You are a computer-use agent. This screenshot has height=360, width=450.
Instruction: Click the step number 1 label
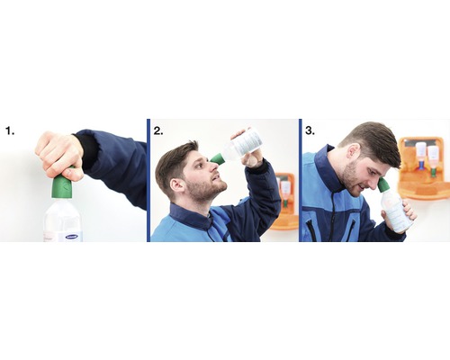click(x=10, y=130)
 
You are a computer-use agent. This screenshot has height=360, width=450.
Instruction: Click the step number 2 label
click(x=158, y=130)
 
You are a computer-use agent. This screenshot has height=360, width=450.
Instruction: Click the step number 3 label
click(x=310, y=130)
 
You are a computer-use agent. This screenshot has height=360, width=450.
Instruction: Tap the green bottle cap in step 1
click(x=62, y=187)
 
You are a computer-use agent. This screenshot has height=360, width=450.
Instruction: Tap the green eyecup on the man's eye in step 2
click(x=217, y=158)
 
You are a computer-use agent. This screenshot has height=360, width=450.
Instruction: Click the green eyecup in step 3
click(x=383, y=185)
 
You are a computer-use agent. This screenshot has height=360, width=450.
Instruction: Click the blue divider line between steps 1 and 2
click(x=148, y=180)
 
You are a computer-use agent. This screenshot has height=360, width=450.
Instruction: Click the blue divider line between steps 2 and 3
click(x=299, y=180)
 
